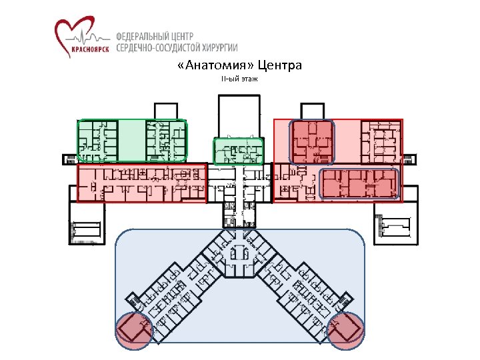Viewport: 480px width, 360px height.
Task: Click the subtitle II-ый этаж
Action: point(239,80)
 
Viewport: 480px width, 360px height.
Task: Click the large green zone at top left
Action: point(132,140)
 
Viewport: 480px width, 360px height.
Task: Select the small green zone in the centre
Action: point(238,151)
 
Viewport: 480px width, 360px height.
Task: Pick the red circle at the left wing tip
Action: point(134,331)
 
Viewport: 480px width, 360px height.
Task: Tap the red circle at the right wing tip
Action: point(346,331)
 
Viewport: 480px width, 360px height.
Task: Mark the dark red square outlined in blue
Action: point(311,142)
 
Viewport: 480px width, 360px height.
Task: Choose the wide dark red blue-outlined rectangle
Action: point(359,183)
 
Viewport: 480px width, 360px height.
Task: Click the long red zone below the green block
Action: point(142,183)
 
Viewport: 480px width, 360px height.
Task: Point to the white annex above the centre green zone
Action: point(238,115)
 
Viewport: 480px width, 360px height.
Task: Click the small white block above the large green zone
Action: point(165,110)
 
